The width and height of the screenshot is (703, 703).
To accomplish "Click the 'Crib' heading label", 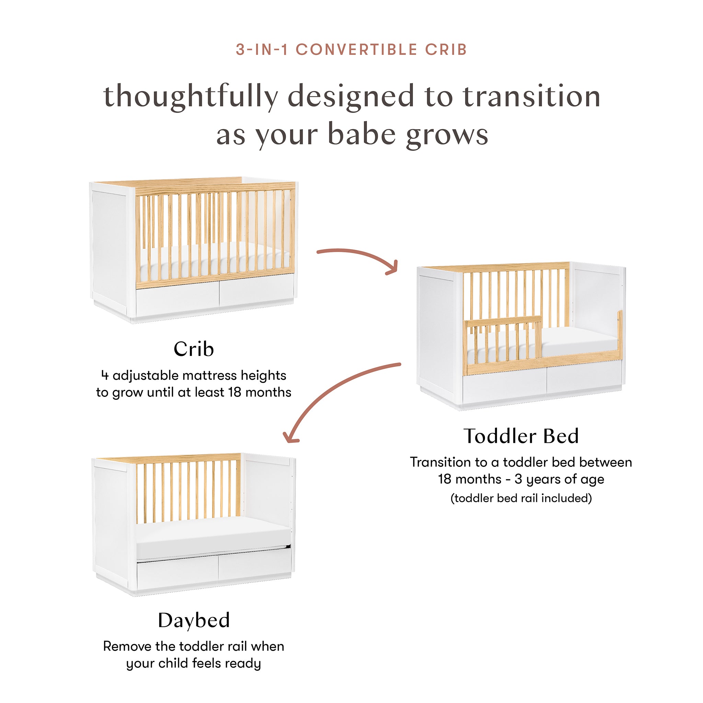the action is point(194,349).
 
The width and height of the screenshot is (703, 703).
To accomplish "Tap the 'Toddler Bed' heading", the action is point(521,436).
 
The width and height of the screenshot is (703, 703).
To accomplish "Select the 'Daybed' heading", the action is point(194,620).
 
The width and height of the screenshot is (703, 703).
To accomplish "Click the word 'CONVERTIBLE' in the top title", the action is point(356,49).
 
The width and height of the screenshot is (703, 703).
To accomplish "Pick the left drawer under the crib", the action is point(177,299).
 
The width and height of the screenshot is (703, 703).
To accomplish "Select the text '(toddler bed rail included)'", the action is point(521,498).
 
